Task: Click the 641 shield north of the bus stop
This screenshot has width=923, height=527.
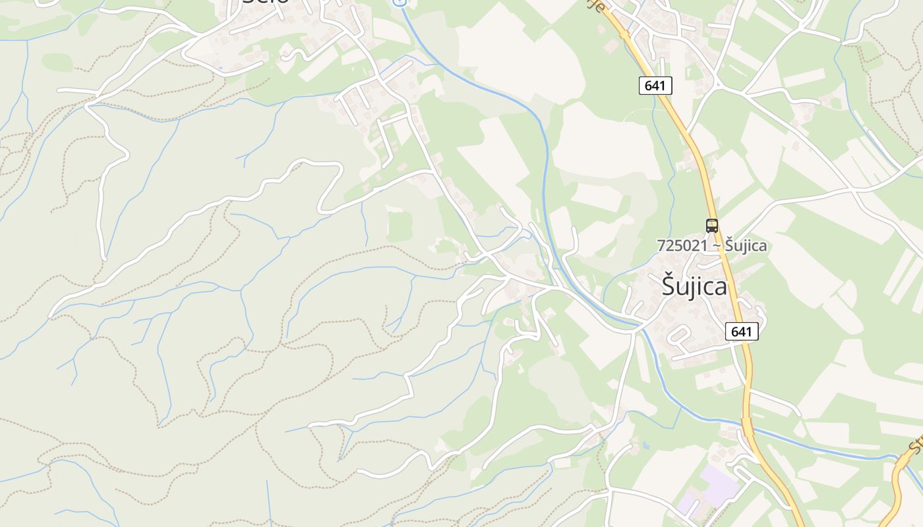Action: (x=655, y=85)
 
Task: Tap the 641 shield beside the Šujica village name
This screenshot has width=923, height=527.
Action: (x=742, y=331)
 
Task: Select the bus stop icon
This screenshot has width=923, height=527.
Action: (x=712, y=226)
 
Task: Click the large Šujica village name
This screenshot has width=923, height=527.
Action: (x=694, y=287)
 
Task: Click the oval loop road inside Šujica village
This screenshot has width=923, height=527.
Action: (x=678, y=336)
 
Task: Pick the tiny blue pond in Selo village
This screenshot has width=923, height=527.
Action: (x=220, y=67)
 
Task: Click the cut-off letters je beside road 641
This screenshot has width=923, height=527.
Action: (x=596, y=5)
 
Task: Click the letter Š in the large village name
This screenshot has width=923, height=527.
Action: (x=669, y=287)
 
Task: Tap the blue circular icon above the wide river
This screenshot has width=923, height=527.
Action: (x=398, y=2)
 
